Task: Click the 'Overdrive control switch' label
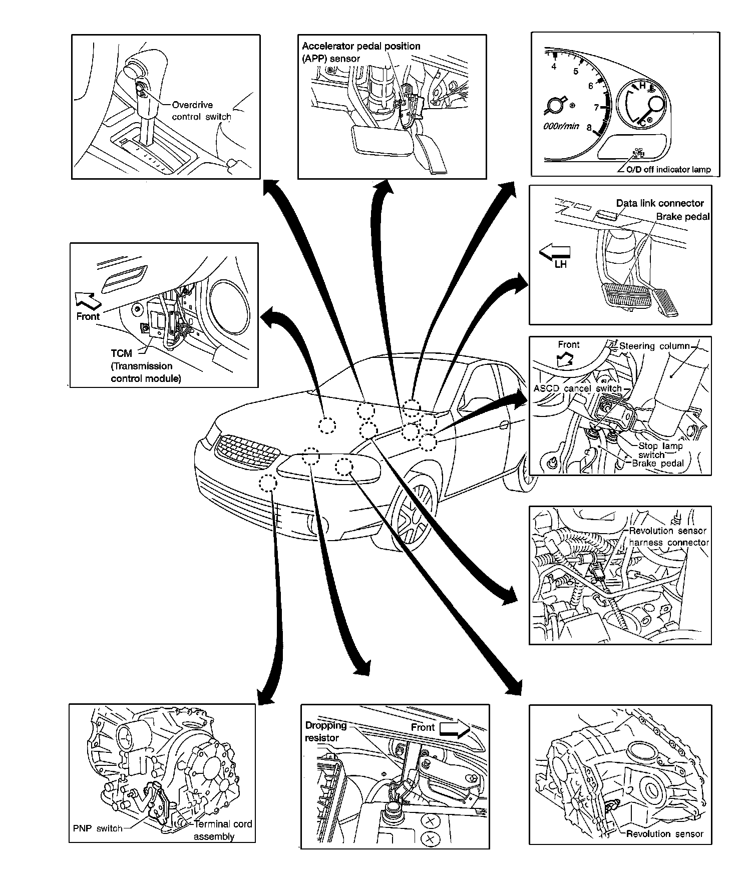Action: click(201, 111)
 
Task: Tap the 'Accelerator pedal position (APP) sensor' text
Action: click(360, 52)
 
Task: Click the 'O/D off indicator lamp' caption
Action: click(668, 170)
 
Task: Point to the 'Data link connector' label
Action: click(659, 203)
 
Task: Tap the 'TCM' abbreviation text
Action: click(121, 353)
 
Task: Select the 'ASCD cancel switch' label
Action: click(577, 388)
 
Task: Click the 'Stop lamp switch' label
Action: click(660, 450)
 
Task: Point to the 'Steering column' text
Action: click(654, 346)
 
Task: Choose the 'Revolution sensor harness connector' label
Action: click(668, 536)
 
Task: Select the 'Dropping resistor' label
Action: click(325, 731)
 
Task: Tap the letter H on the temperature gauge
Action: click(642, 86)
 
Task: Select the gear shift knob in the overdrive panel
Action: click(138, 68)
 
